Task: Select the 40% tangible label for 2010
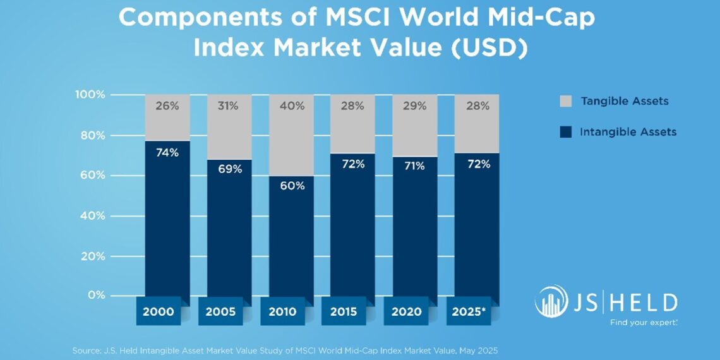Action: click(291, 106)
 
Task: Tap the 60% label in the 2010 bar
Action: click(291, 186)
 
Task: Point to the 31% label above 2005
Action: click(229, 106)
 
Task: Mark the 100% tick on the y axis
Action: click(91, 95)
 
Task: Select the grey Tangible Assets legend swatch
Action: click(566, 101)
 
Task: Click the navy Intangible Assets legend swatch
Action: click(566, 132)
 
